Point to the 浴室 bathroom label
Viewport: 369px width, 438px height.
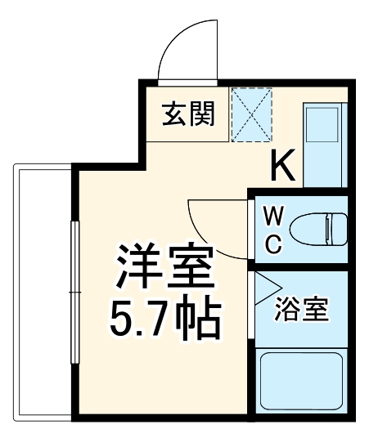click(301, 310)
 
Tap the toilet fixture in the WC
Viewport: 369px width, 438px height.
click(315, 228)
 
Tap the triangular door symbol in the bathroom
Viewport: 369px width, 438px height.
click(263, 287)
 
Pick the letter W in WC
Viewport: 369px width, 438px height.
click(274, 216)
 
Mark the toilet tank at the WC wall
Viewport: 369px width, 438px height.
click(337, 228)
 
